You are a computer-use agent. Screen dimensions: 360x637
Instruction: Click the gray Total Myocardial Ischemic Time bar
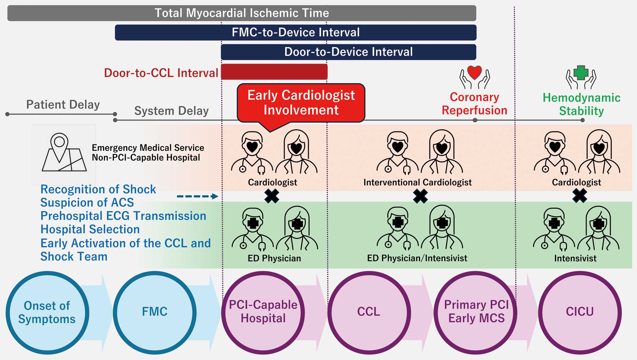pyautogui.click(x=241, y=13)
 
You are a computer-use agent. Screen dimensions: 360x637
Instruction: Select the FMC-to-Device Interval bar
pyautogui.click(x=295, y=33)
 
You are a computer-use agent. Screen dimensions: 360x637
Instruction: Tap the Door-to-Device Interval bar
pyautogui.click(x=348, y=52)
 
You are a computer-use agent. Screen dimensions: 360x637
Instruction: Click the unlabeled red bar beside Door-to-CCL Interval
pyautogui.click(x=274, y=72)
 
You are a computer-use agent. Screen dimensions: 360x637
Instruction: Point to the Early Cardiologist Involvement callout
pyautogui.click(x=301, y=103)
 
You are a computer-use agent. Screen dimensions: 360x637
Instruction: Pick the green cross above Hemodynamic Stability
pyautogui.click(x=581, y=73)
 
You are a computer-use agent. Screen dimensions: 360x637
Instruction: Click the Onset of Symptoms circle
pyautogui.click(x=47, y=313)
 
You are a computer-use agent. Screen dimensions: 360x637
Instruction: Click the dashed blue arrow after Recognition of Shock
pyautogui.click(x=197, y=196)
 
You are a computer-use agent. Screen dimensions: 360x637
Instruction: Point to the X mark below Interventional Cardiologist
pyautogui.click(x=420, y=196)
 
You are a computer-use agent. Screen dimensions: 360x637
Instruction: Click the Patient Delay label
pyautogui.click(x=63, y=105)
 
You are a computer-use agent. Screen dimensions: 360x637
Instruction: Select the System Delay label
pyautogui.click(x=171, y=111)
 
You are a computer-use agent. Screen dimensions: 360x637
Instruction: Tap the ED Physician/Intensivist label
pyautogui.click(x=417, y=258)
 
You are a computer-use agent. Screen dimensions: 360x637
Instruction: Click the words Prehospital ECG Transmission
pyautogui.click(x=123, y=216)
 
